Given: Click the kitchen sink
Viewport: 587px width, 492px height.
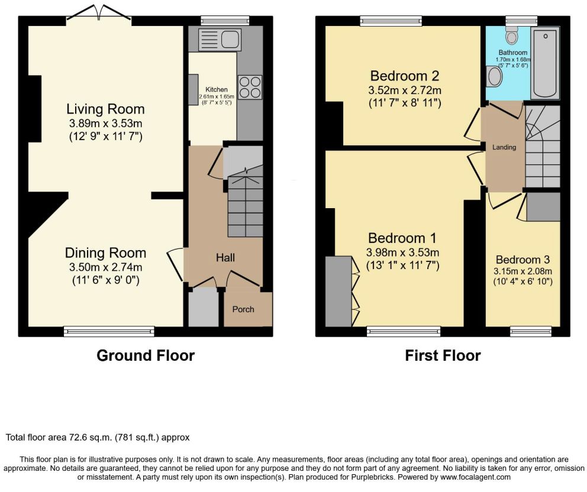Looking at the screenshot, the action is coord(220,38).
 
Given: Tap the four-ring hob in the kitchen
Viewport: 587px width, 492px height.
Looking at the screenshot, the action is coord(250,87).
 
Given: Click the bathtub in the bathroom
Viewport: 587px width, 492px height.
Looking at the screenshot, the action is coord(546,63).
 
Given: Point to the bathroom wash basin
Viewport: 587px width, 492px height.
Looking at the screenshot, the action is coord(494,76).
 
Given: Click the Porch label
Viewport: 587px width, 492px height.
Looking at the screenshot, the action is coord(243,309).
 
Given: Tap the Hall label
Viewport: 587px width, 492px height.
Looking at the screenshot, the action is coord(225,257).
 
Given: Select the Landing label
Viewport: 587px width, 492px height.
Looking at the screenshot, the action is coord(504,147).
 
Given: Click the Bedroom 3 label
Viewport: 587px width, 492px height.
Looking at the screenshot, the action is coord(523,260).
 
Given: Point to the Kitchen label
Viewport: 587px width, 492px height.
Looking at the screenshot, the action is coord(217,89).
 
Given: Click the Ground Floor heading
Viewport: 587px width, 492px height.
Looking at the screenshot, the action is coord(146,355).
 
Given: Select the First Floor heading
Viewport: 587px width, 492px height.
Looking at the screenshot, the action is coord(443,355).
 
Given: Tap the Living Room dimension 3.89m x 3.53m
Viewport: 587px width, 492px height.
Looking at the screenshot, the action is coord(105,123).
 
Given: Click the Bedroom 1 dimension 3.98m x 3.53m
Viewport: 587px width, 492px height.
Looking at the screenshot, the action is coord(402,252).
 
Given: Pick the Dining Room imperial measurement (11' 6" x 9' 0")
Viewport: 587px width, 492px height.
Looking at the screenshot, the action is coord(105,280).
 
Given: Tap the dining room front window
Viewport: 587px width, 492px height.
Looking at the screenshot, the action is coord(109,331).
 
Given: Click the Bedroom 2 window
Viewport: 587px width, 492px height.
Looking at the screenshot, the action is coord(391,21).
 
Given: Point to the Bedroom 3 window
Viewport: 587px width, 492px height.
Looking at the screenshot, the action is coord(531,331).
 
